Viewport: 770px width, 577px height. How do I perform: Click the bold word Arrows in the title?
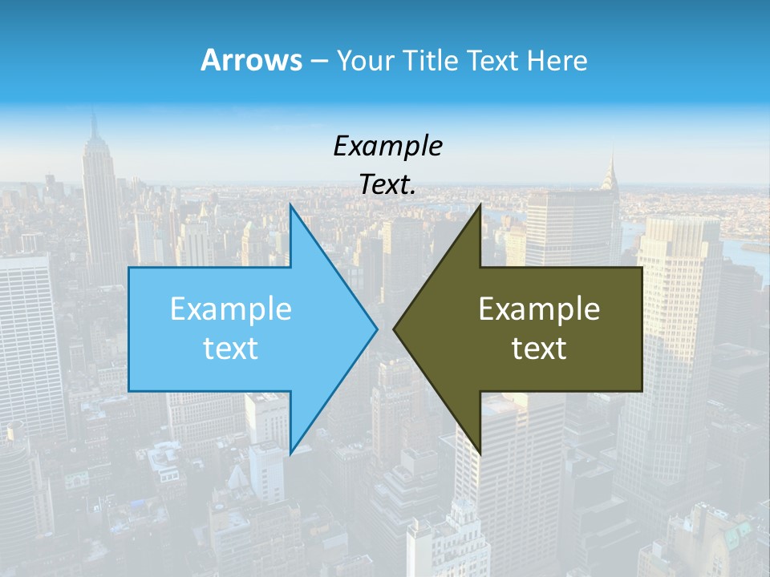(250, 60)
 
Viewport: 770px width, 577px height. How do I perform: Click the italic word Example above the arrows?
(387, 146)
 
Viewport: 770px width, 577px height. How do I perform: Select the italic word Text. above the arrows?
(387, 184)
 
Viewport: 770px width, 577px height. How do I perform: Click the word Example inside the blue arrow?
(231, 309)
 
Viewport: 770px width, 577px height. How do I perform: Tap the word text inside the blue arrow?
(231, 348)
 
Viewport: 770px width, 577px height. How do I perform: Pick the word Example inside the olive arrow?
(539, 309)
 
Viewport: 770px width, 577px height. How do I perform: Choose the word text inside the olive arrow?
(539, 348)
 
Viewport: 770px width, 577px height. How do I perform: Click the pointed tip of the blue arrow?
(376, 329)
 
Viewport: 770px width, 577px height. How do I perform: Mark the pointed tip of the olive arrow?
(394, 329)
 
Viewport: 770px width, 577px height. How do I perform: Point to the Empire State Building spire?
(94, 124)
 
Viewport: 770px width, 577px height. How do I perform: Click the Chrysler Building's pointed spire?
(611, 160)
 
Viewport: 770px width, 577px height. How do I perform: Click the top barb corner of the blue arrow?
(290, 205)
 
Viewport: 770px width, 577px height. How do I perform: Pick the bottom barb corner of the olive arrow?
(480, 453)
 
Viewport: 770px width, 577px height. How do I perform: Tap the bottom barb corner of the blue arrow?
(290, 453)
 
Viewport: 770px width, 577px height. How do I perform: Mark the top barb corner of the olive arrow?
(480, 205)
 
